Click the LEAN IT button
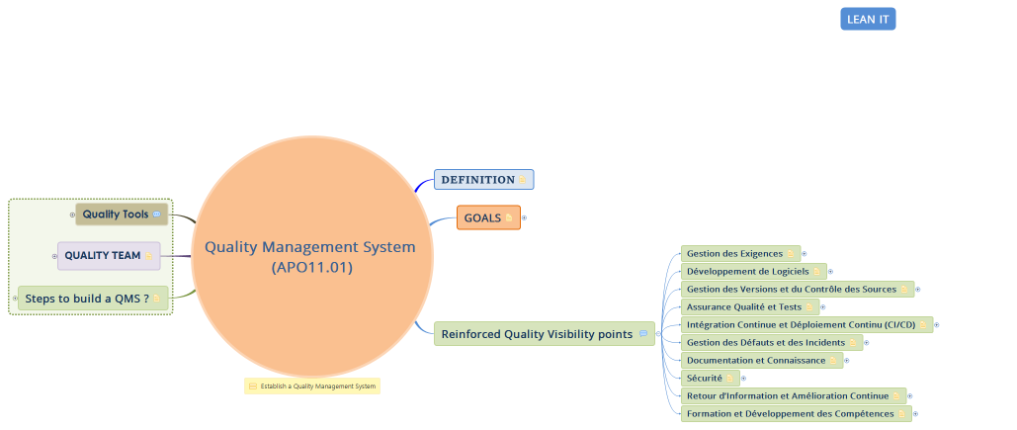click(x=868, y=20)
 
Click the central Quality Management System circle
click(x=311, y=256)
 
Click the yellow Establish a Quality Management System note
click(x=312, y=387)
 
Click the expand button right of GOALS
click(x=524, y=217)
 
